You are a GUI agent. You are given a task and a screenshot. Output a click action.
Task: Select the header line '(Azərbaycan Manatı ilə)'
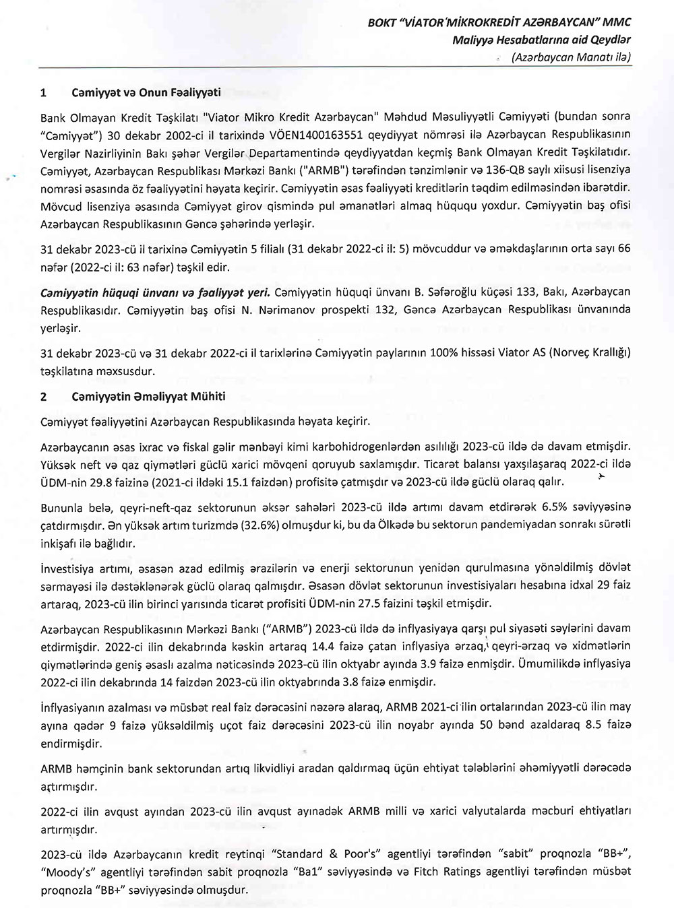pyautogui.click(x=572, y=57)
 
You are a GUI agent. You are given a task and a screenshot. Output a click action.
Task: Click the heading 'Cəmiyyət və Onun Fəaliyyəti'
pyautogui.click(x=146, y=93)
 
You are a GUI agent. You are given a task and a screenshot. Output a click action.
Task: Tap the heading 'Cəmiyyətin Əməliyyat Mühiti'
pyautogui.click(x=148, y=397)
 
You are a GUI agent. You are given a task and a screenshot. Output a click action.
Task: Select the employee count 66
pyautogui.click(x=624, y=249)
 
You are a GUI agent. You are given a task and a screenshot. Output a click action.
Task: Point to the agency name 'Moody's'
pyautogui.click(x=66, y=872)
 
